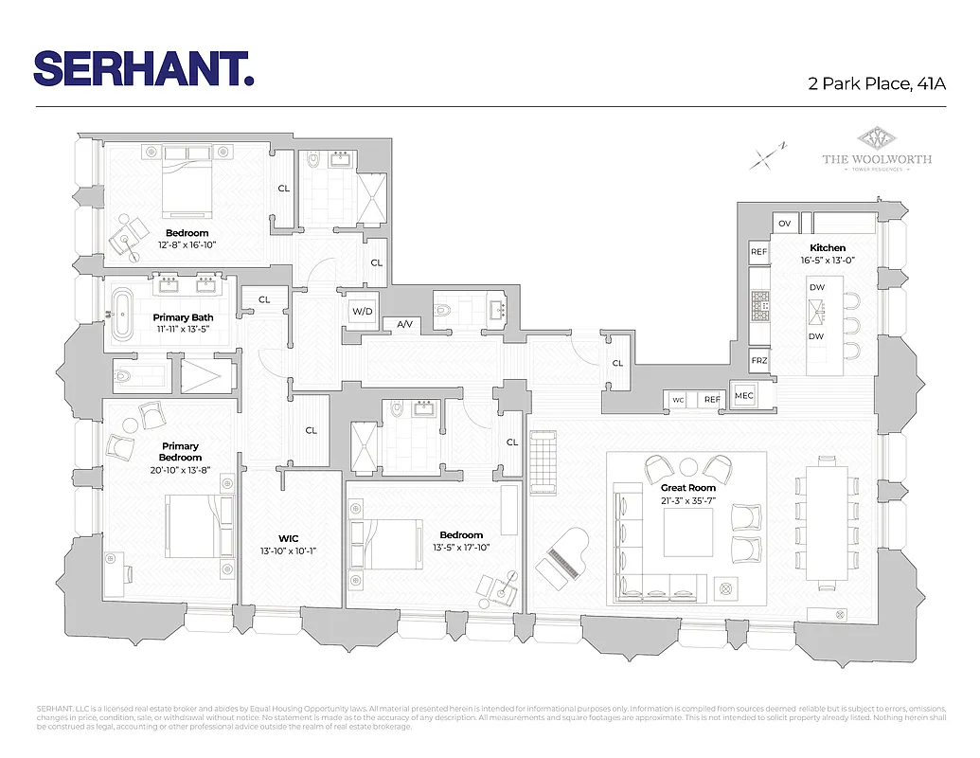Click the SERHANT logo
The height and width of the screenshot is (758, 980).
click(144, 68)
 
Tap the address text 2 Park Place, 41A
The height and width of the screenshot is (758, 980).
click(877, 83)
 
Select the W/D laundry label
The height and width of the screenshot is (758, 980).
click(362, 311)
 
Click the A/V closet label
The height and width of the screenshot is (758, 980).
click(405, 324)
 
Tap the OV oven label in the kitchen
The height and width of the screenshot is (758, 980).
click(784, 224)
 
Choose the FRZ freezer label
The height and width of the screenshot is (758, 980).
click(758, 362)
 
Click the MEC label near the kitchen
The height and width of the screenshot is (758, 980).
click(743, 395)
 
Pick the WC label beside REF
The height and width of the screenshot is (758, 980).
click(678, 400)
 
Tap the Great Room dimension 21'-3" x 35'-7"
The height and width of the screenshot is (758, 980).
click(688, 501)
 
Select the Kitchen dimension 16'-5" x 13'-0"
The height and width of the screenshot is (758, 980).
click(827, 261)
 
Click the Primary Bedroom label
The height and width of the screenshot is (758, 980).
click(180, 452)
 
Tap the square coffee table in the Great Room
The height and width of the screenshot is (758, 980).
click(687, 532)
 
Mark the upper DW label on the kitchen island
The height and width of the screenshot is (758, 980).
click(815, 287)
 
